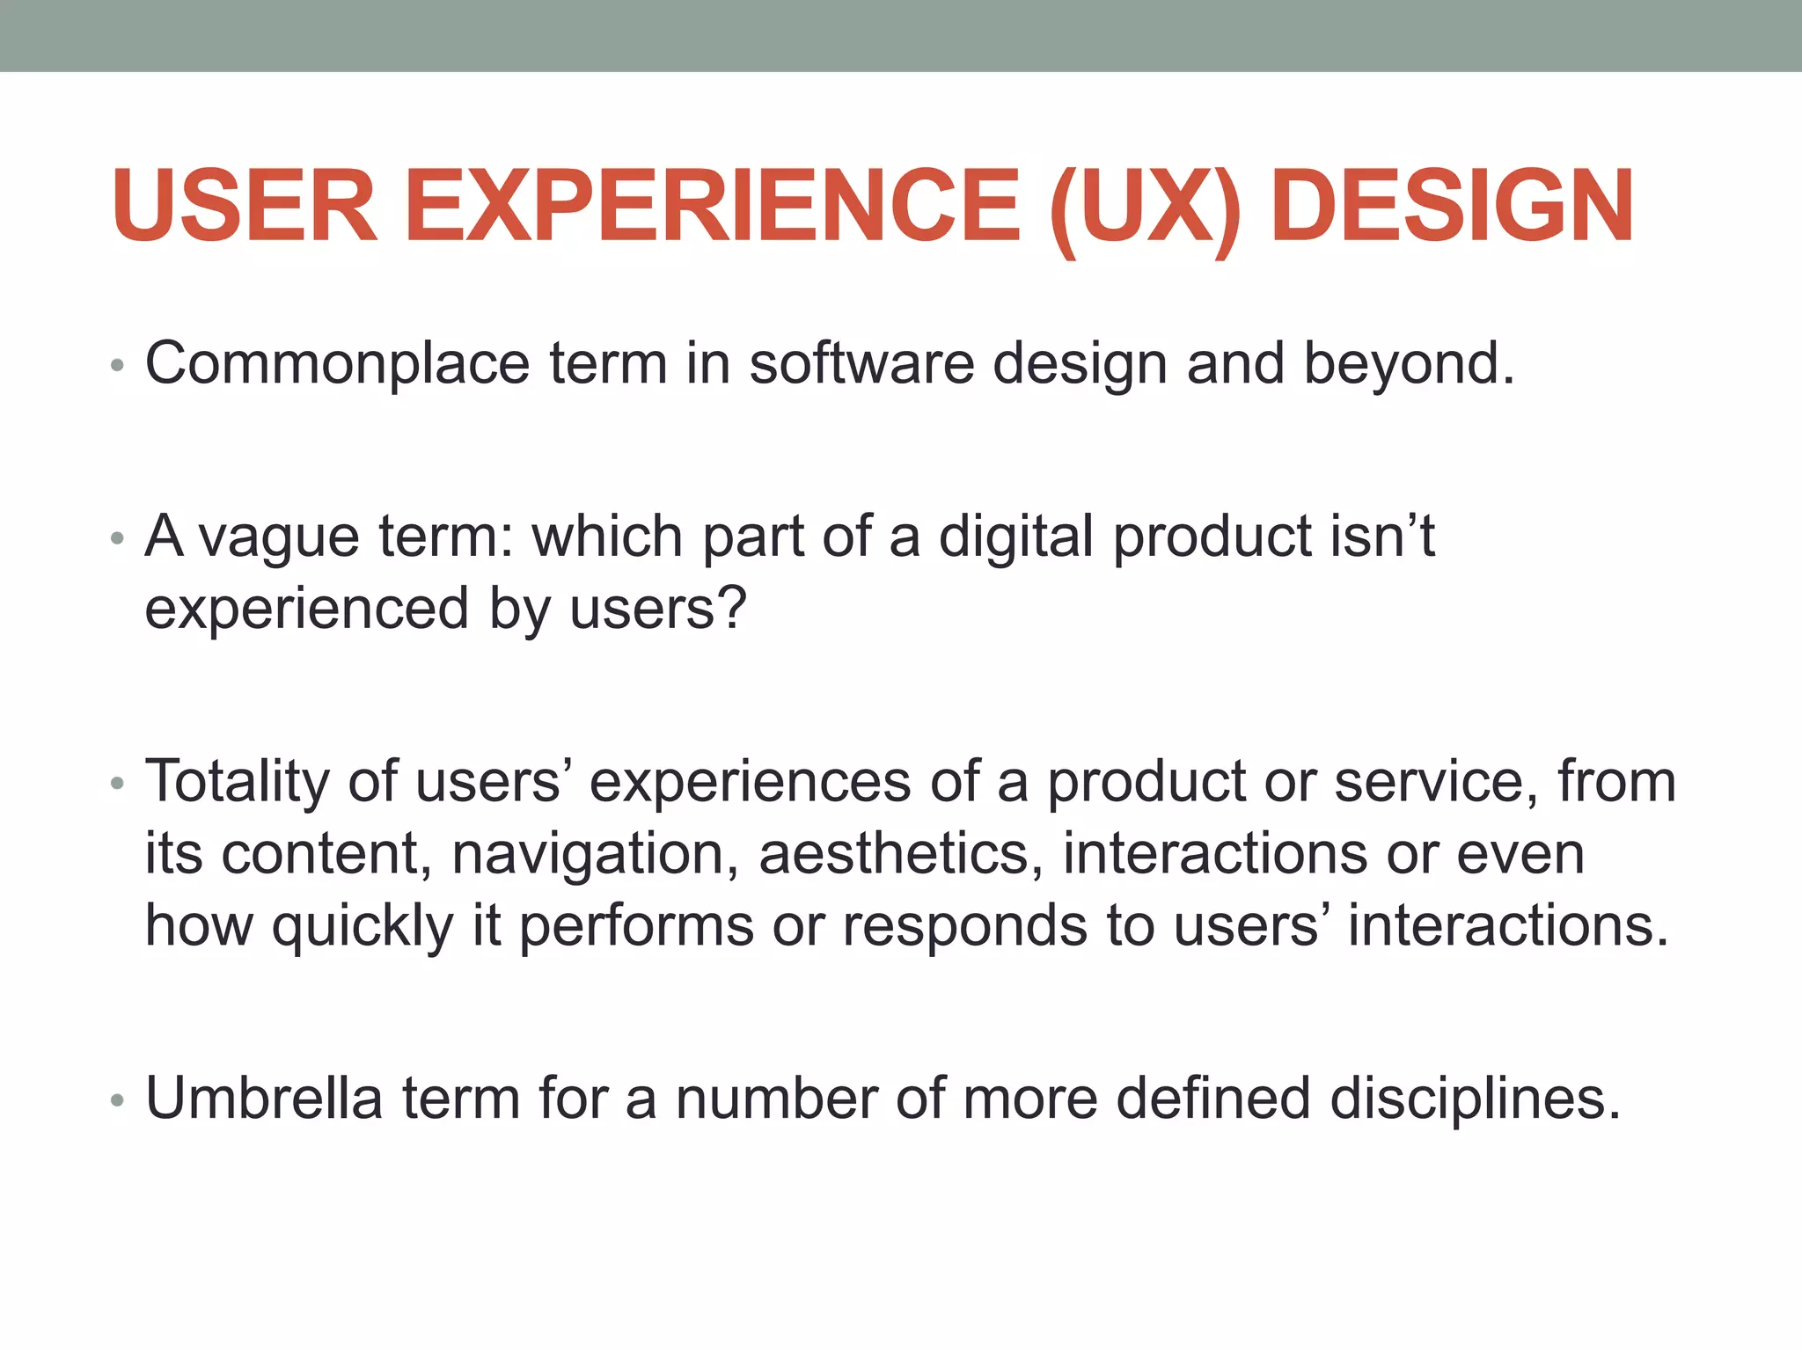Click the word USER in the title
245,206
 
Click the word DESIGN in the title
1452,206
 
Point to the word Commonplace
337,364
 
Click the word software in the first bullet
861,362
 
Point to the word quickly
363,927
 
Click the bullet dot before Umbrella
118,1101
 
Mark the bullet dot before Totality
118,784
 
